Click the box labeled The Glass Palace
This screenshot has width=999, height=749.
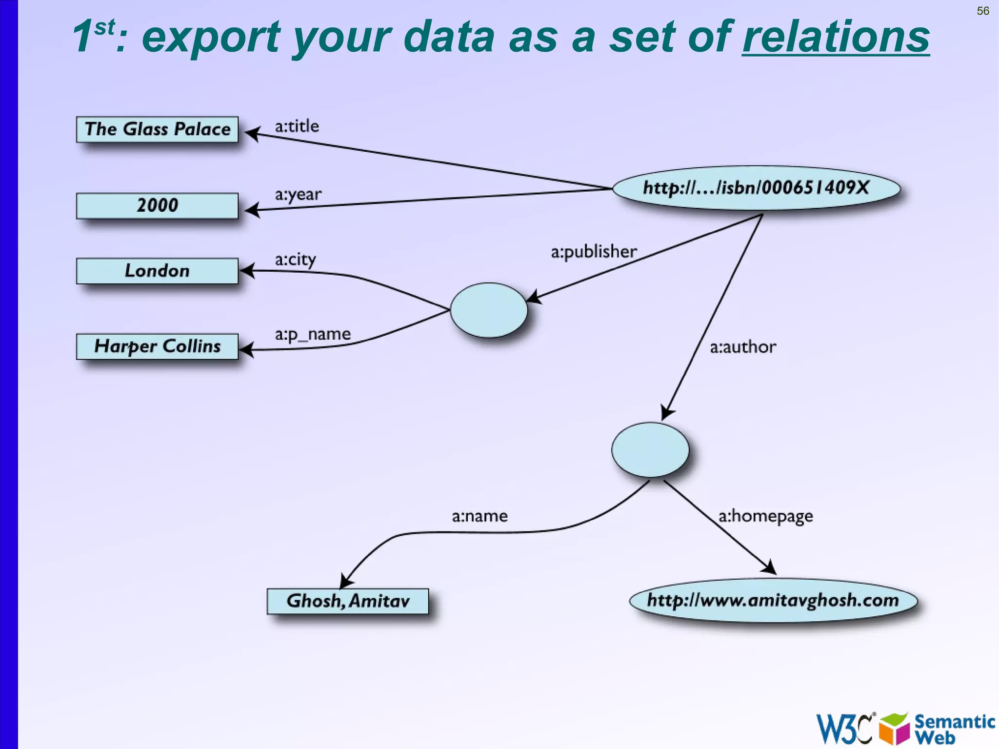pyautogui.click(x=157, y=129)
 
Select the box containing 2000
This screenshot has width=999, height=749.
pyautogui.click(x=157, y=205)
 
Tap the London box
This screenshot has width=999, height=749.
pyautogui.click(x=157, y=271)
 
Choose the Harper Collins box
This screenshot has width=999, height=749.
pyautogui.click(x=157, y=346)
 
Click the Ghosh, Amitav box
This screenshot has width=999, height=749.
pyautogui.click(x=348, y=601)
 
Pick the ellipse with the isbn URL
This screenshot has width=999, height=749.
pyautogui.click(x=756, y=188)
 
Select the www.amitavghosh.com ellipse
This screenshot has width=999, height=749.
pyautogui.click(x=773, y=600)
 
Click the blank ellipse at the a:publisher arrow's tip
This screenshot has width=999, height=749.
pyautogui.click(x=488, y=310)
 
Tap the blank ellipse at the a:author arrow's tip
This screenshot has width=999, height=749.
pyautogui.click(x=650, y=449)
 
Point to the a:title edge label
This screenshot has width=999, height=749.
pyautogui.click(x=297, y=126)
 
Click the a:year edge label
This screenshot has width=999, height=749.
pyautogui.click(x=298, y=195)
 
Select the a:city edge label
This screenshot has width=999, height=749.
pyautogui.click(x=295, y=259)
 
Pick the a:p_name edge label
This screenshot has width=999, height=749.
pyautogui.click(x=313, y=334)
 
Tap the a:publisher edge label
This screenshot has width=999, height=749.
pyautogui.click(x=594, y=252)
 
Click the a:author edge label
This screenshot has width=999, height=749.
pyautogui.click(x=742, y=347)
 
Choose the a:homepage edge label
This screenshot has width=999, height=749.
pyautogui.click(x=765, y=516)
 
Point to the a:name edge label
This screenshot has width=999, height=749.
pyautogui.click(x=480, y=516)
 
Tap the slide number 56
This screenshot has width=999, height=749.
pyautogui.click(x=983, y=11)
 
